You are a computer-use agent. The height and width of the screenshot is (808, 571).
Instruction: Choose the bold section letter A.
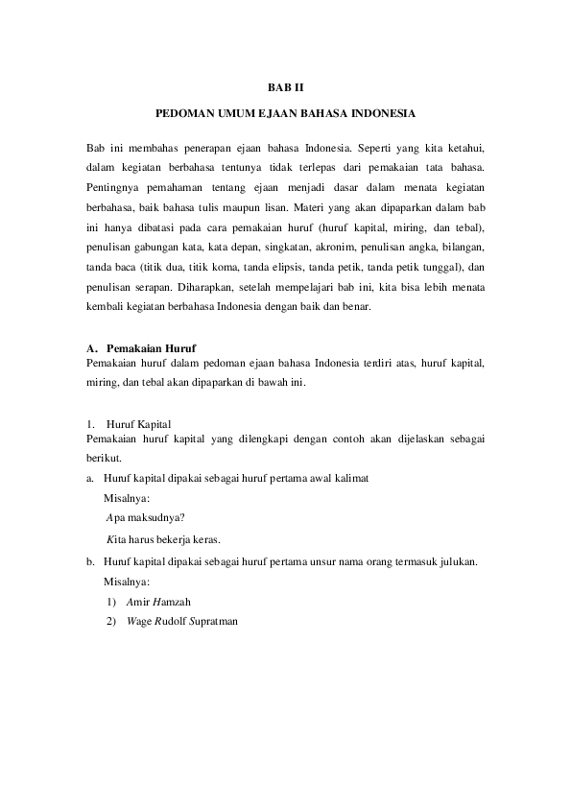coord(90,348)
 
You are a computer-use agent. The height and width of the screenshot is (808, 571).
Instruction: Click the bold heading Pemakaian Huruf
coord(153,348)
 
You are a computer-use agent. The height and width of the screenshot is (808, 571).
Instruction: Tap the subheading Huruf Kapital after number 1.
coord(139,423)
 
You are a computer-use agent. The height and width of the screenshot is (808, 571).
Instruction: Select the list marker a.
coord(89,477)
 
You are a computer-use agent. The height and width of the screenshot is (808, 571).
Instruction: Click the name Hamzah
coord(175,602)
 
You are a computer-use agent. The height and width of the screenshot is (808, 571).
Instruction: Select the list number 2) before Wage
coord(111,621)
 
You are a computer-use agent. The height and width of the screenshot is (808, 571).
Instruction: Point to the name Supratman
coord(206,621)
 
